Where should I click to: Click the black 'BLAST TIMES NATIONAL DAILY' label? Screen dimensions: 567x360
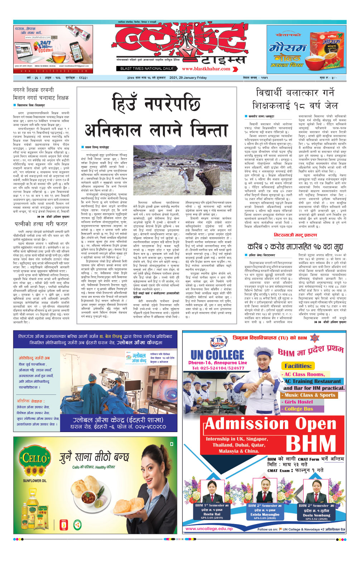coord(147,68)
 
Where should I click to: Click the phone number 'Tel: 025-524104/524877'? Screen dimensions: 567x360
coord(218,368)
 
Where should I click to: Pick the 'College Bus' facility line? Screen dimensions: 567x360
coord(299,409)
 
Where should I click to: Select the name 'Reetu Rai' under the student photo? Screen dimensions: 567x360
coord(212,514)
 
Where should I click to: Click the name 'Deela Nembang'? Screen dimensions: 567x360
coord(316,515)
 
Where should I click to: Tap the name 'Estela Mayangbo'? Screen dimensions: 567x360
coord(265,514)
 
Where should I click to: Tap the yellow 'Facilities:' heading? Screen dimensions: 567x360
coord(298,366)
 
